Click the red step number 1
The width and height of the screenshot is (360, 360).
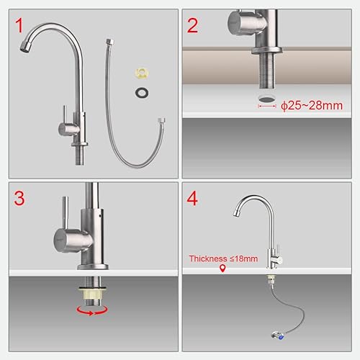(19, 25)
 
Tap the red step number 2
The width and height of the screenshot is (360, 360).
(192, 25)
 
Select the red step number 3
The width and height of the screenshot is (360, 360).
(19, 198)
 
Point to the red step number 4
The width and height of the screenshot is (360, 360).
(192, 198)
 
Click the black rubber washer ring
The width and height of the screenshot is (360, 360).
(142, 93)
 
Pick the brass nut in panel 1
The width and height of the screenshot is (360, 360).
(142, 73)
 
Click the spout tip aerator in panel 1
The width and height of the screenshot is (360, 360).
(25, 46)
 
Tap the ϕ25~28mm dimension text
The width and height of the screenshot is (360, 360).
(312, 106)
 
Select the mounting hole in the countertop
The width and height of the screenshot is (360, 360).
(267, 99)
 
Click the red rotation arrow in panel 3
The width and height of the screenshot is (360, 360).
(92, 310)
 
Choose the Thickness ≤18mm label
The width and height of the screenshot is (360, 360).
(223, 258)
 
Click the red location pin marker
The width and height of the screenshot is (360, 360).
(222, 269)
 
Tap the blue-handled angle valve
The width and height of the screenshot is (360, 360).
(278, 336)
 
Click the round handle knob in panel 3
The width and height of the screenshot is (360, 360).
(72, 240)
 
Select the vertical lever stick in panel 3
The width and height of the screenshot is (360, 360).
(66, 212)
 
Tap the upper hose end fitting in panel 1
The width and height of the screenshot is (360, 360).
(109, 42)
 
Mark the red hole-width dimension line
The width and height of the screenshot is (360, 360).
(267, 106)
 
